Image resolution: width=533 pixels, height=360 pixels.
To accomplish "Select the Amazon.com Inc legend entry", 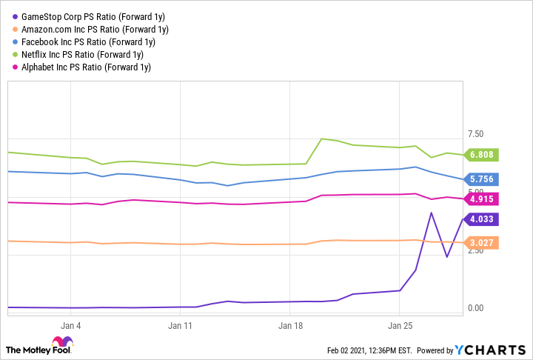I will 88,30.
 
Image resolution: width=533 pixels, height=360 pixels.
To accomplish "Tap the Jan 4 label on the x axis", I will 70,325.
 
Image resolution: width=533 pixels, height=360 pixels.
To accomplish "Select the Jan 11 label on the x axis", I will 181,325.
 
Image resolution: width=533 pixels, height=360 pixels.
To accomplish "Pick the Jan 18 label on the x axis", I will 291,325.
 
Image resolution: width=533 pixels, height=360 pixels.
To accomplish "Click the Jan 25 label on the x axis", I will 400,325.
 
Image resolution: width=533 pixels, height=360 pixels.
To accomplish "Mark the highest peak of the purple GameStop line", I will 432,213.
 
